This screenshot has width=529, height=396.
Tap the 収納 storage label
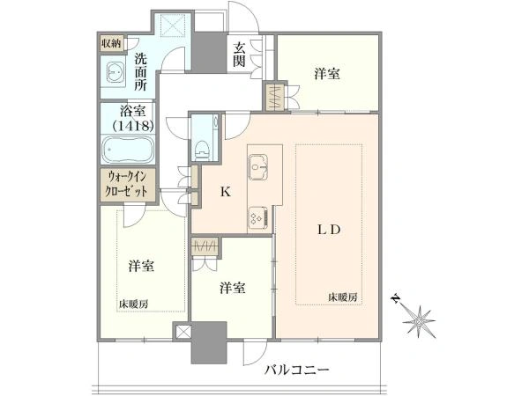tap(111, 44)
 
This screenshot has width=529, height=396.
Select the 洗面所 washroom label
tap(141, 72)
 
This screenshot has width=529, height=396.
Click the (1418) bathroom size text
tap(133, 126)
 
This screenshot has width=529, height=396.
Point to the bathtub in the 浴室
tap(128, 150)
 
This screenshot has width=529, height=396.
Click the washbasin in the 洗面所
tap(116, 72)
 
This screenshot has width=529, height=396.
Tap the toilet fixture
tap(203, 150)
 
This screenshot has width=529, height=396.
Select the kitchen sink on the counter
tap(258, 167)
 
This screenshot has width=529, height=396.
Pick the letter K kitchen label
tap(226, 192)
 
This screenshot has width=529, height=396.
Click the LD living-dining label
tap(329, 230)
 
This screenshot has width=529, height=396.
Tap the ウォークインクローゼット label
tap(127, 183)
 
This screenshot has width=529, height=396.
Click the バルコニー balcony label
tap(296, 370)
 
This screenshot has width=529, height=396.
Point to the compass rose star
tap(419, 322)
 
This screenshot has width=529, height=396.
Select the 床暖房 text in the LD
tap(343, 297)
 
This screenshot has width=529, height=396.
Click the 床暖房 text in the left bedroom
tap(133, 304)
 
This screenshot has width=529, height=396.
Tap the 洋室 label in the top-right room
tap(327, 74)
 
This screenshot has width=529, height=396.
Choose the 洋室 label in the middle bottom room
tap(233, 289)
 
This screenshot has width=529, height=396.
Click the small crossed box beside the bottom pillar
tap(183, 332)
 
